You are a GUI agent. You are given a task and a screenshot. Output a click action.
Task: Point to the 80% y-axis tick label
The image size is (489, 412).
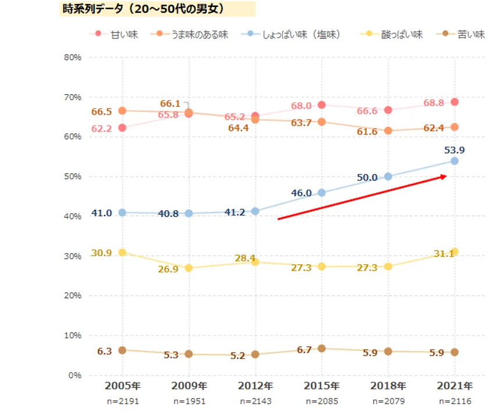[73, 58]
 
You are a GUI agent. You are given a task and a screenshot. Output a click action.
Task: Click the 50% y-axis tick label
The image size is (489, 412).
[73, 176]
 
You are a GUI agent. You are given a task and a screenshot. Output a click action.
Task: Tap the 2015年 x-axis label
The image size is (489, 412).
[322, 386]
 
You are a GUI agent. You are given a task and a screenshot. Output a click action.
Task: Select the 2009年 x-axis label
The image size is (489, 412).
[189, 386]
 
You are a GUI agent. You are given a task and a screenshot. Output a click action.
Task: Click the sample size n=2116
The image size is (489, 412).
[455, 402]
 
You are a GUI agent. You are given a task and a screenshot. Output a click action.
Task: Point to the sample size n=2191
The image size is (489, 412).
[122, 402]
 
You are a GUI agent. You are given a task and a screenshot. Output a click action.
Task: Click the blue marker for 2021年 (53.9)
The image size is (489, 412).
[455, 161]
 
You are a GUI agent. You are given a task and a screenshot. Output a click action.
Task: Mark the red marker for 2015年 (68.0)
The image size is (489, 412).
[322, 105]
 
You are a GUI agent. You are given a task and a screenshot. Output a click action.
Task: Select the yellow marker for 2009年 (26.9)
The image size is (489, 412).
[189, 268]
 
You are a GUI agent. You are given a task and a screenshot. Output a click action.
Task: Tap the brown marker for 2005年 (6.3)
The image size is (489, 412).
[122, 350]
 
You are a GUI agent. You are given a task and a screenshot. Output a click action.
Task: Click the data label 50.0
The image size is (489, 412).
[366, 177]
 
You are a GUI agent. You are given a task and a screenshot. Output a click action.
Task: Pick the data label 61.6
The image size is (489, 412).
[367, 132]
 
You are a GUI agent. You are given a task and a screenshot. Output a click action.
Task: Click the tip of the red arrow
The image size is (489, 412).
[446, 176]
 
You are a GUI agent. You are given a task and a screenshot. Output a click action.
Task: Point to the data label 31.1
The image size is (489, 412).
[445, 253]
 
